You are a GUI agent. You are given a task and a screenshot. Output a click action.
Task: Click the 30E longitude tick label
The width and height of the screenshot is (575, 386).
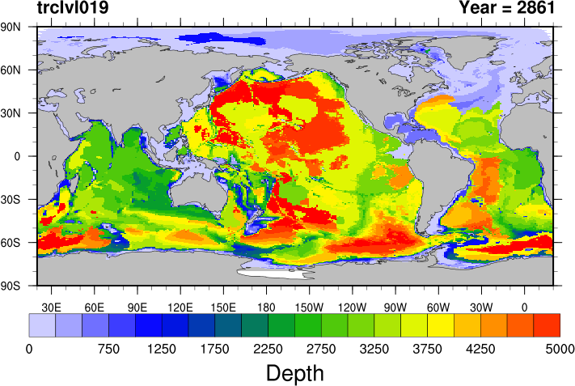click(x=52, y=307)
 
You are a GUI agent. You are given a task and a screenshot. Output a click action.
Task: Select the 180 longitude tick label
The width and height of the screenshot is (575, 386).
click(x=267, y=307)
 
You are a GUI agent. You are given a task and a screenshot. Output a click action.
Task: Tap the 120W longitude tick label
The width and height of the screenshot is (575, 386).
click(x=353, y=307)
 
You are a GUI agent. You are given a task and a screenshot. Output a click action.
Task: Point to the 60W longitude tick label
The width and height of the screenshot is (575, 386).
click(x=438, y=307)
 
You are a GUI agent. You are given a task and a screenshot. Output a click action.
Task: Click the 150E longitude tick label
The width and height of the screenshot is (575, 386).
click(x=223, y=307)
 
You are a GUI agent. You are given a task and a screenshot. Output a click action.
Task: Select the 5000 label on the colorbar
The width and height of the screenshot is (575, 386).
click(x=560, y=349)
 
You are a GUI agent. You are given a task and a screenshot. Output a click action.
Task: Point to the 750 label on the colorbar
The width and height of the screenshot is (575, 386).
click(x=108, y=349)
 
